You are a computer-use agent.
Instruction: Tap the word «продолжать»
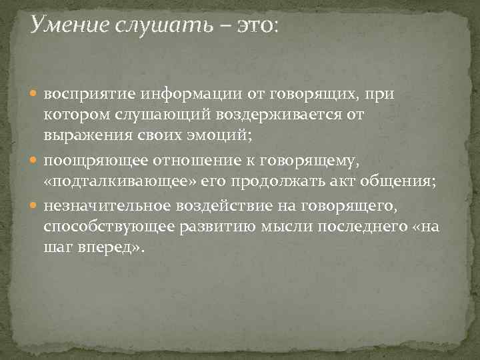point(303,183)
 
